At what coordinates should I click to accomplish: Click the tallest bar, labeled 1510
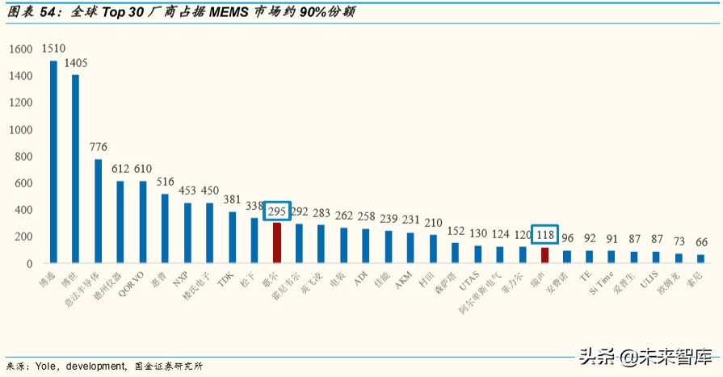point(53,161)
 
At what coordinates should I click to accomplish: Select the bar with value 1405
point(75,169)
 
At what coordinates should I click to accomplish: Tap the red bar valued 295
point(276,243)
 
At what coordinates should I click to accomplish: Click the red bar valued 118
point(544,255)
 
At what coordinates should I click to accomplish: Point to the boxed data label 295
point(277,212)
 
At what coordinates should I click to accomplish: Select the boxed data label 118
point(545,235)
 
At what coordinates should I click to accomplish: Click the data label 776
point(98,147)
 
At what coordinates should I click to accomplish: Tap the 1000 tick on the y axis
point(21,130)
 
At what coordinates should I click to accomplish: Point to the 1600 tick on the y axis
point(21,49)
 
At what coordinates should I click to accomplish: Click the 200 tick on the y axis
point(24,237)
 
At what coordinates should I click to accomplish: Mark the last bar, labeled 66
point(700,258)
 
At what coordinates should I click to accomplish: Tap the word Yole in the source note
point(44,367)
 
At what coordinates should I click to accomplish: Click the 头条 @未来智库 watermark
point(646,356)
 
